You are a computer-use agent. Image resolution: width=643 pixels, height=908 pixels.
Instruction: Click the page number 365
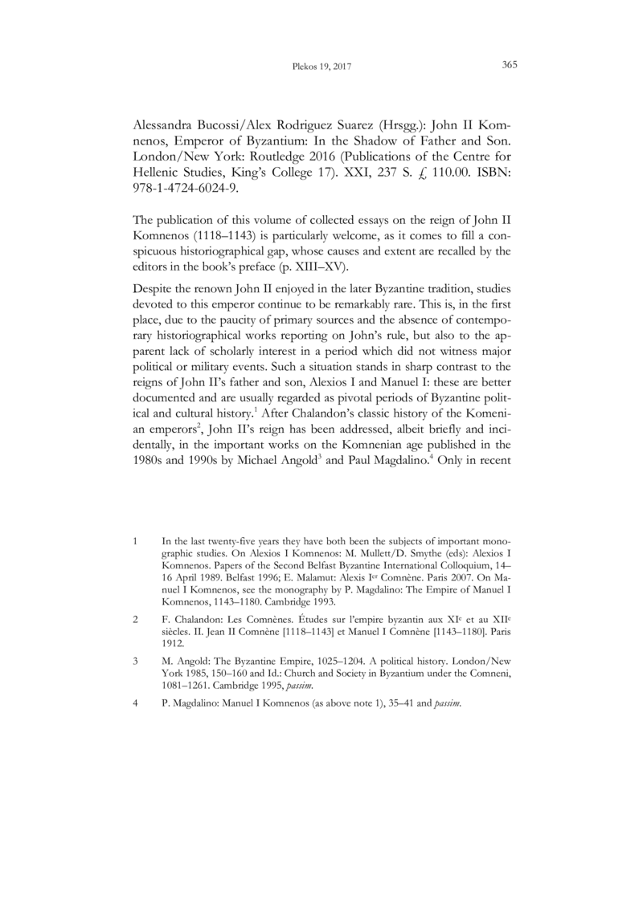pos(509,65)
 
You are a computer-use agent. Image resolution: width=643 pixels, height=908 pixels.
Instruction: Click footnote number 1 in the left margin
pos(133,543)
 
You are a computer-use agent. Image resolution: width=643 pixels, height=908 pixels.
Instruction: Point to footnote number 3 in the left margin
pos(133,660)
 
